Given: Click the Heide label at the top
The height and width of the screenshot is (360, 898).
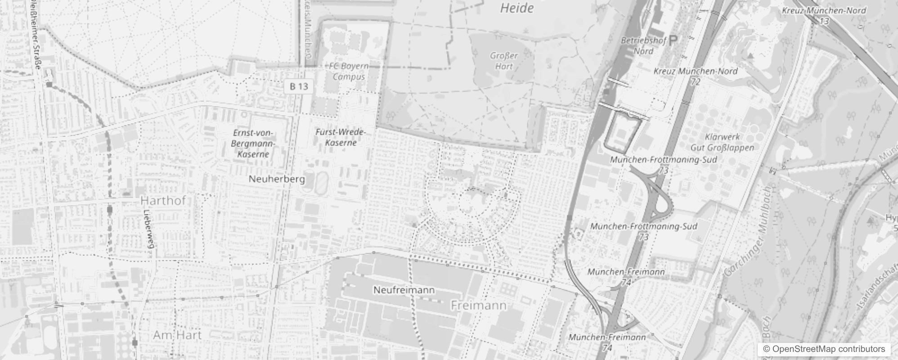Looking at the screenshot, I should coord(517,8).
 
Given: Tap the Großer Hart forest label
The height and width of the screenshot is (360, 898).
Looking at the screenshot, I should coord(504,61).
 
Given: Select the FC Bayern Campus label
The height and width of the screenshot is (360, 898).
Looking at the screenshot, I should coord(349,71).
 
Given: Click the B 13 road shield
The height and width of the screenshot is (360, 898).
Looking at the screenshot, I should coord(299,86).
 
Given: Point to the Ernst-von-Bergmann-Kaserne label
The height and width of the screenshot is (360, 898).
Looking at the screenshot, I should coord(252,144).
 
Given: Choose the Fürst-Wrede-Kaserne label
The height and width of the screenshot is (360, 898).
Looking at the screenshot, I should coord(341,137).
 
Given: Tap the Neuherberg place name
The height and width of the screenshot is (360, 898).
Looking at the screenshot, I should coord(277,179).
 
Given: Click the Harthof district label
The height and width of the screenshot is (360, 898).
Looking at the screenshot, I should coord(163,200).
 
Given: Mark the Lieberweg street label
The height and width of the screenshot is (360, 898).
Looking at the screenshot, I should coord(149,229).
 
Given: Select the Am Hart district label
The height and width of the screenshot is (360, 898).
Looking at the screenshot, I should coord(177,335).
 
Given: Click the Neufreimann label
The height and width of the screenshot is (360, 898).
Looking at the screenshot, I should coord(404,290).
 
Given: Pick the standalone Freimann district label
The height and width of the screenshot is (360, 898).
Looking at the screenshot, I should coord(478,306).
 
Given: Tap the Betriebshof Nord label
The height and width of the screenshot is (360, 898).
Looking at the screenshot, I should coord(643,45).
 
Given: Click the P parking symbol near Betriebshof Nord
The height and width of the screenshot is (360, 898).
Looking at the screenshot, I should coord(673,41).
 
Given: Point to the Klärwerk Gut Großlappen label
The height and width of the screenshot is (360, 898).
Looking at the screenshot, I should coord(722,142).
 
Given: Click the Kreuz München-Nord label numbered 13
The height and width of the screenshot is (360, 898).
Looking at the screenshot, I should coord(824,15).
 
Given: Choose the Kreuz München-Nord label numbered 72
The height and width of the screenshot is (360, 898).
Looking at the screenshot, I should coord(696,76).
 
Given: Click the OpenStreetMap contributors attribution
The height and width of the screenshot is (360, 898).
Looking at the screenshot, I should coord(824,349).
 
